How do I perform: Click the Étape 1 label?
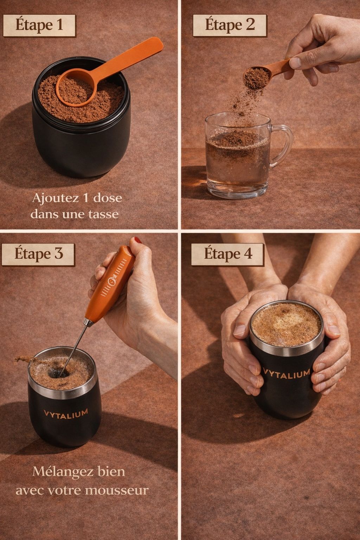pyautogui.click(x=39, y=25)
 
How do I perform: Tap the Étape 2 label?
pyautogui.click(x=230, y=25)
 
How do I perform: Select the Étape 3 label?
pyautogui.click(x=38, y=254)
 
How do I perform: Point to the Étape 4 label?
pyautogui.click(x=227, y=254)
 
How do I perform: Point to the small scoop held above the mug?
pyautogui.click(x=265, y=73)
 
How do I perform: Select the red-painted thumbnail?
pyautogui.click(x=138, y=240)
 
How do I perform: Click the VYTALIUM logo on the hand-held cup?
pyautogui.click(x=286, y=374)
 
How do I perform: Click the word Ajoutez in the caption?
pyautogui.click(x=56, y=199)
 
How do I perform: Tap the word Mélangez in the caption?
pyautogui.click(x=63, y=472)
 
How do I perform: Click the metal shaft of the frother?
pyautogui.click(x=73, y=347)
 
